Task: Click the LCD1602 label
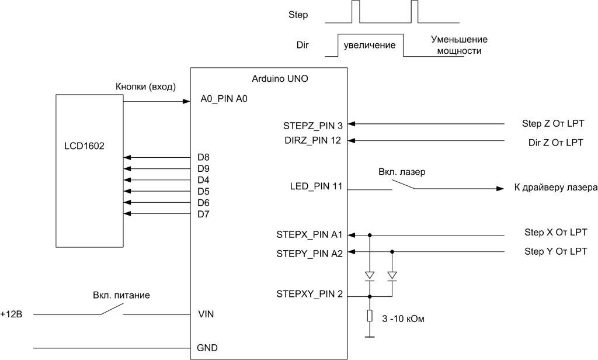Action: [x=84, y=146]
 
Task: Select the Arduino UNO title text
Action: [x=280, y=78]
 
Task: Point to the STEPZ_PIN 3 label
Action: [x=312, y=124]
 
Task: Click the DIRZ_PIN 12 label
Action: [x=312, y=140]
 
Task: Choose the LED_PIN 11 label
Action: [x=315, y=187]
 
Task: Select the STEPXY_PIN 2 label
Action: [x=310, y=294]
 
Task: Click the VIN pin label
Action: [x=206, y=314]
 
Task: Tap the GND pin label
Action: [x=208, y=348]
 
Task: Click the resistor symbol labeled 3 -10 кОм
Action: [x=369, y=316]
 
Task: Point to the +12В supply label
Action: [x=11, y=314]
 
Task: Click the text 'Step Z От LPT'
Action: [x=553, y=124]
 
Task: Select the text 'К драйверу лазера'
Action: [x=555, y=188]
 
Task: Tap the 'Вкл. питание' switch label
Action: [x=121, y=295]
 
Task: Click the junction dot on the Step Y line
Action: [x=392, y=252]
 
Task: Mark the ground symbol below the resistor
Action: [x=369, y=337]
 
